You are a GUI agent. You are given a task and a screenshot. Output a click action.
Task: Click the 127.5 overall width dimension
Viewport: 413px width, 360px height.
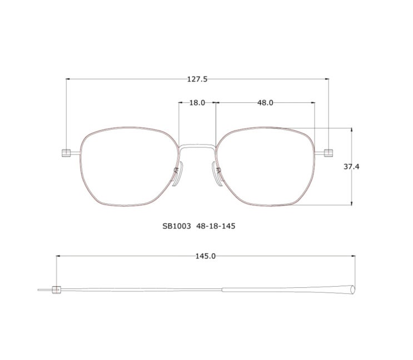point(197,79)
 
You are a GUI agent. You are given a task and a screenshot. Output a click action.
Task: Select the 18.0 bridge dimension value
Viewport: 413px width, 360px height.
point(197,103)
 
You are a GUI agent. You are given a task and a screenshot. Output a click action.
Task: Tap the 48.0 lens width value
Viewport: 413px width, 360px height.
point(265,103)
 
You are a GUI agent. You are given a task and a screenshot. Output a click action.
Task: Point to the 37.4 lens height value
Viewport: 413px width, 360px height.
point(351,167)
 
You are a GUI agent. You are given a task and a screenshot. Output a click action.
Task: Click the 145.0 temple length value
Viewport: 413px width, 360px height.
point(206,256)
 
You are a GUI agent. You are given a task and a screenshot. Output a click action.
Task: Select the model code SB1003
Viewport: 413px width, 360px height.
point(176,226)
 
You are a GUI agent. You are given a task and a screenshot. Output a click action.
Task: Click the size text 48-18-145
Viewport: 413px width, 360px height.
point(216,226)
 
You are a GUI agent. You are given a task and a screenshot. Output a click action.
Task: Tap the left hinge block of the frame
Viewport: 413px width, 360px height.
point(66,153)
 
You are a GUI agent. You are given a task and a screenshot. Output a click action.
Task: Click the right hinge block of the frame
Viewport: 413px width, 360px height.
point(329,153)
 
